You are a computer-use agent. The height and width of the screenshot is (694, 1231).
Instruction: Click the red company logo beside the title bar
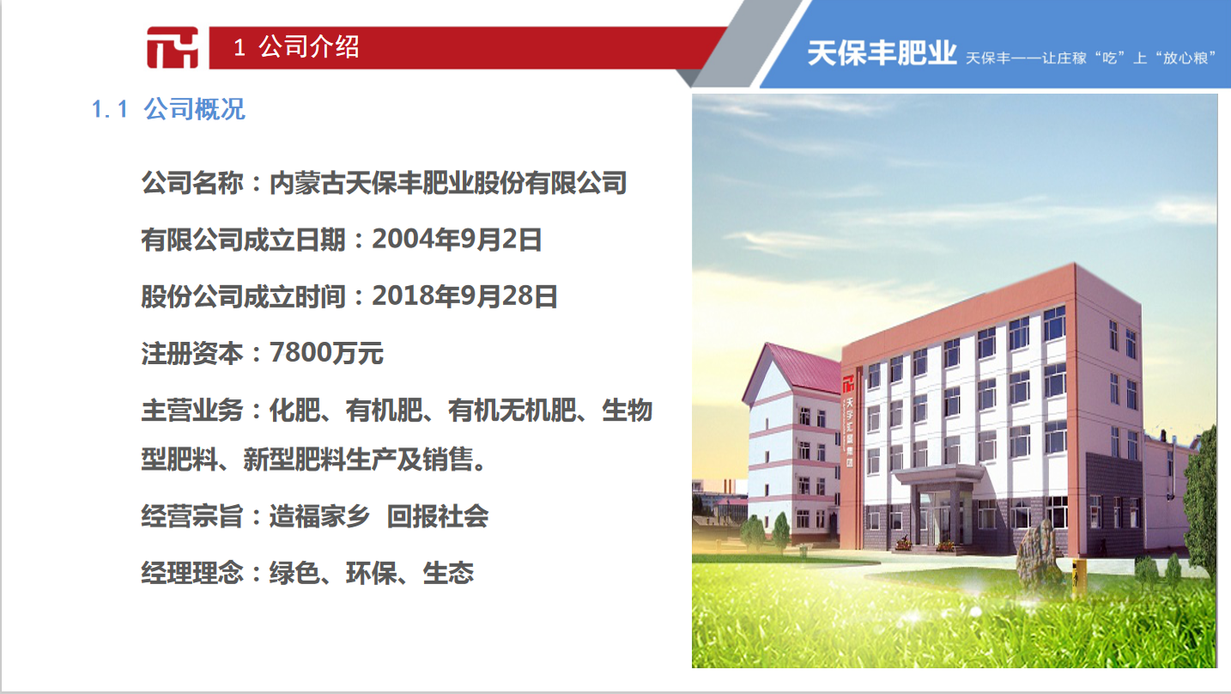(172, 47)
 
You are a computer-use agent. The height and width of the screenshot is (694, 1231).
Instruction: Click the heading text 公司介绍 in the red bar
(309, 46)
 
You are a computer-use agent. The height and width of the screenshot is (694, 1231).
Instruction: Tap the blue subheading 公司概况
(195, 109)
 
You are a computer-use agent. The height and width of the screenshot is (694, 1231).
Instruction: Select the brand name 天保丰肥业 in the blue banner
(882, 53)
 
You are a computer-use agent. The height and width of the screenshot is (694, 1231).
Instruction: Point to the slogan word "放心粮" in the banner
(1186, 58)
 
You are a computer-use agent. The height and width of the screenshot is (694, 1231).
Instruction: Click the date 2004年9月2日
(458, 240)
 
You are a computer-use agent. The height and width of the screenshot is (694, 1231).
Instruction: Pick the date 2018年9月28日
(465, 296)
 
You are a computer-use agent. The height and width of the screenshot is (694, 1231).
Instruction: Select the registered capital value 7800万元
(326, 353)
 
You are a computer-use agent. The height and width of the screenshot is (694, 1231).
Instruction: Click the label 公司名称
(192, 183)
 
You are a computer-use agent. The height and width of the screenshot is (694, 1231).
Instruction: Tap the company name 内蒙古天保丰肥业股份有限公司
(448, 183)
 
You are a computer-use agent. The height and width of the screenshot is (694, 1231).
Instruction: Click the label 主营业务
(192, 411)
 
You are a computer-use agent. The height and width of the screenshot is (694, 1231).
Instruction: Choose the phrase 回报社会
(438, 516)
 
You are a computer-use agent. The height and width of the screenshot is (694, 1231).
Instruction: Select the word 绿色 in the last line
(294, 573)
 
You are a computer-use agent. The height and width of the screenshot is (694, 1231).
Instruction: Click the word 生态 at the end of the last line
(448, 573)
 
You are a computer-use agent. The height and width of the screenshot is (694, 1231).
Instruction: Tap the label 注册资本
(192, 353)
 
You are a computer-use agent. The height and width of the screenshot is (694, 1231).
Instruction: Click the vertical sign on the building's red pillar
(849, 423)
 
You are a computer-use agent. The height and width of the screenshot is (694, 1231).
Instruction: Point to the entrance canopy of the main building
(937, 473)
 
